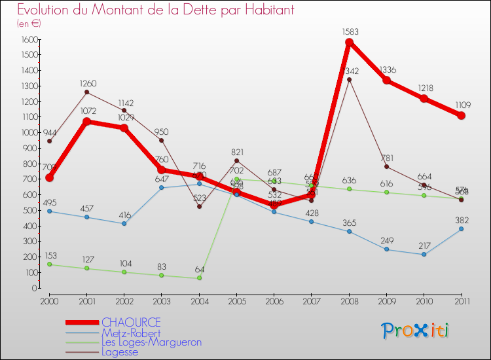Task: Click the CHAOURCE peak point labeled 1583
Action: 349,42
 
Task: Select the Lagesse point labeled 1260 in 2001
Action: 86,92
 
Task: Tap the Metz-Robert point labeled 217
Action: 424,254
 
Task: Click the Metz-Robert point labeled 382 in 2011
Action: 462,228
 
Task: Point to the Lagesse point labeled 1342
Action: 349,79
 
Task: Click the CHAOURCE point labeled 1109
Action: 462,115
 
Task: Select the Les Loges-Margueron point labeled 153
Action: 49,264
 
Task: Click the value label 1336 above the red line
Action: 387,69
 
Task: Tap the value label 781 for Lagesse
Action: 387,157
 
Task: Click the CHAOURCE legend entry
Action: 131,323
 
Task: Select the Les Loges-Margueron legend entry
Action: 151,342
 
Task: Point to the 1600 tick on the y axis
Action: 27,39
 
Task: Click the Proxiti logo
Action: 416,331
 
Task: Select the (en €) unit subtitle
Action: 29,24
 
